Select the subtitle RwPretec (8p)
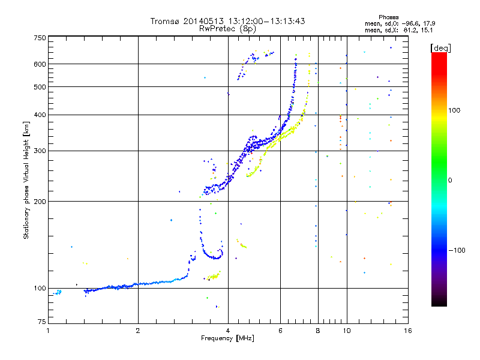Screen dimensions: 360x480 click(x=227, y=28)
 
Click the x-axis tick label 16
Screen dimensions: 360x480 click(x=407, y=331)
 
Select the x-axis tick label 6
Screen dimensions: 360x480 click(x=280, y=331)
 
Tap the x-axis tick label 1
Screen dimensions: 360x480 click(x=48, y=331)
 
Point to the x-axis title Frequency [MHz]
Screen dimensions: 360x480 click(x=227, y=339)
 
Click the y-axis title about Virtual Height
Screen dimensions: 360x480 click(x=26, y=180)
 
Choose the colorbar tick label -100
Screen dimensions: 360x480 click(x=457, y=250)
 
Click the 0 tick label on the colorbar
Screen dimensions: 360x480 click(x=451, y=180)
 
